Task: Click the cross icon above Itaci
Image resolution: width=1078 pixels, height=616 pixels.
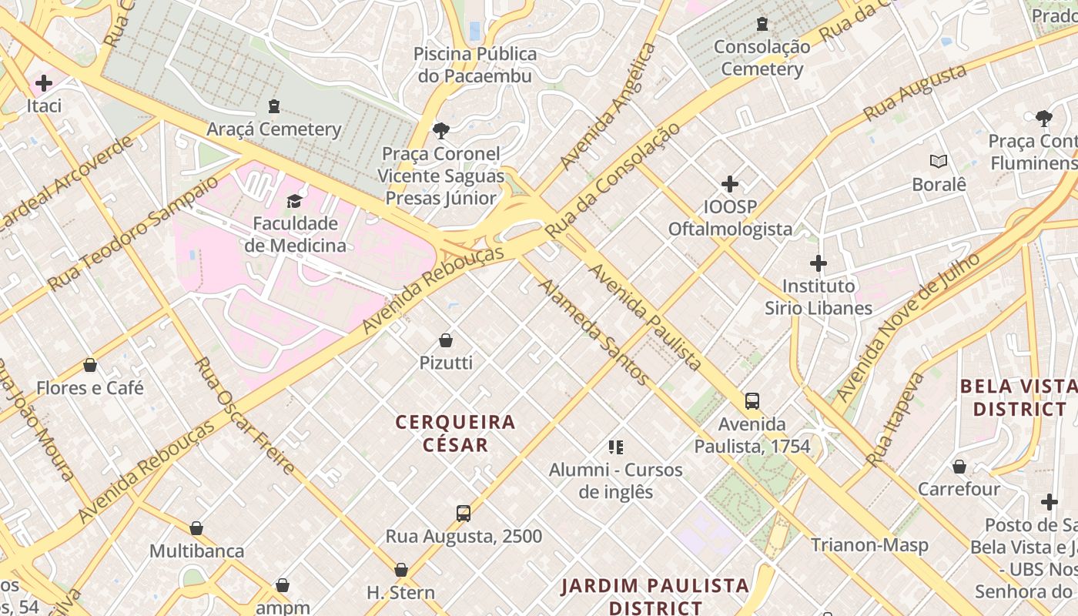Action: [44, 82]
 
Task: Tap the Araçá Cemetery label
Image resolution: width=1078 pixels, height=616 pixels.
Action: [274, 129]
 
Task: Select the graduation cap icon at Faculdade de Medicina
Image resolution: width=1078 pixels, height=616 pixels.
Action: [294, 201]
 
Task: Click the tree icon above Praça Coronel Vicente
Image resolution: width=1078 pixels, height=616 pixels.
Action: [440, 130]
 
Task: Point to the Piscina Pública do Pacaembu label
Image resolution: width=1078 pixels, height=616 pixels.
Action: [475, 65]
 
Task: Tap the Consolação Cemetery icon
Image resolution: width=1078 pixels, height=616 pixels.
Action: [762, 24]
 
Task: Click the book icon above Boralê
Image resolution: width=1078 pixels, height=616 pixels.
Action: [938, 161]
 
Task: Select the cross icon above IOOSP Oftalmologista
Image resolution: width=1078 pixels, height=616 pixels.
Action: [729, 184]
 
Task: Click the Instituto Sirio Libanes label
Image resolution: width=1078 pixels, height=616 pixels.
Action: [818, 297]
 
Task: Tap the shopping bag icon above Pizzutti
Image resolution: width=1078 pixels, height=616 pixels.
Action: [445, 340]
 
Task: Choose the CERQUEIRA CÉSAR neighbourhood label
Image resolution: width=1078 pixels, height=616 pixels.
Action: [455, 433]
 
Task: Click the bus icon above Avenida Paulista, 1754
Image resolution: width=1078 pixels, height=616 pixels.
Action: [752, 401]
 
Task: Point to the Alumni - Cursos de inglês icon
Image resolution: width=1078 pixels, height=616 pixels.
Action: [615, 447]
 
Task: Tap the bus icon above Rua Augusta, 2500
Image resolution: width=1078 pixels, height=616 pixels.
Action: [463, 513]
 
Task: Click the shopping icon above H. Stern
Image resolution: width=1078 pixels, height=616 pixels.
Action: [400, 570]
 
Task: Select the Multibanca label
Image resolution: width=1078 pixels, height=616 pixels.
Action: [196, 551]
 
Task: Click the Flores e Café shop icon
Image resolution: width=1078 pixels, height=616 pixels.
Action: [90, 365]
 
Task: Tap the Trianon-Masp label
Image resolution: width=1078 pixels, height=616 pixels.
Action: [869, 545]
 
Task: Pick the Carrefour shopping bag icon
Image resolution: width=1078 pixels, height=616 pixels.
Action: [959, 467]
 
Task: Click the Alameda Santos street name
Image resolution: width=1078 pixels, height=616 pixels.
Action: [593, 332]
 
